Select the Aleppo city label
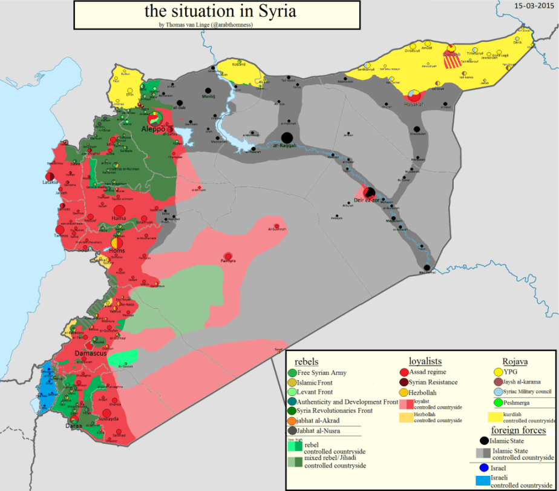pyautogui.click(x=153, y=129)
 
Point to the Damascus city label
pyautogui.click(x=91, y=352)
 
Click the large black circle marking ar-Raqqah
pyautogui.click(x=287, y=137)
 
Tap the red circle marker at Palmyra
pyautogui.click(x=228, y=256)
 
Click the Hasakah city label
pyautogui.click(x=414, y=104)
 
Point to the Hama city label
pyautogui.click(x=119, y=217)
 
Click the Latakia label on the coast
pyautogui.click(x=50, y=182)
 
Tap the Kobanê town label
pyautogui.click(x=240, y=64)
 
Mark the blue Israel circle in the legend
pyautogui.click(x=483, y=468)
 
